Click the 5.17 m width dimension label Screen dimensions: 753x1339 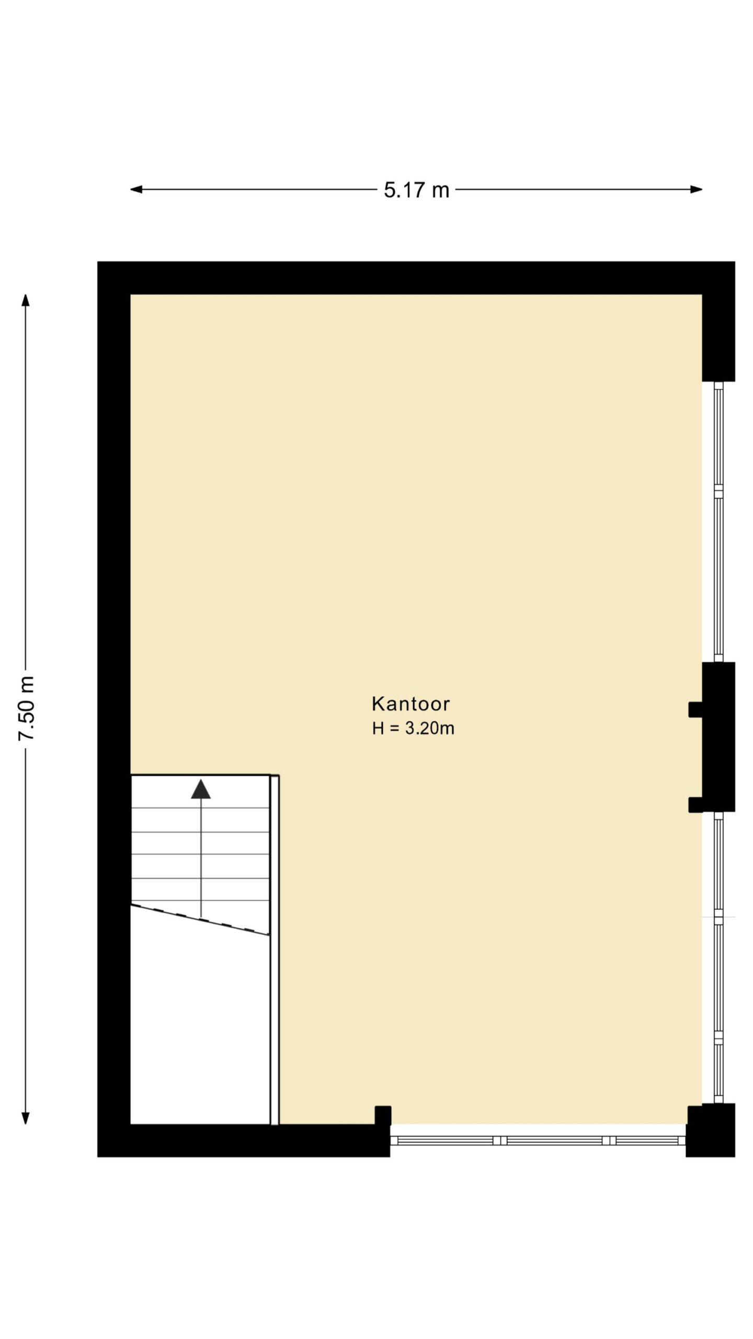click(416, 190)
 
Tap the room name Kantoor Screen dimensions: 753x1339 click(410, 704)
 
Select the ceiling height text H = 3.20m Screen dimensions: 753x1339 click(413, 728)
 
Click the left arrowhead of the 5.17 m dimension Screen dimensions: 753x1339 click(136, 189)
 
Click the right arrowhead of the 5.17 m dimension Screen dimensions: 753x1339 click(696, 189)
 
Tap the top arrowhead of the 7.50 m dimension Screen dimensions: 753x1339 click(25, 300)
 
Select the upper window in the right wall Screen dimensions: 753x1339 click(718, 521)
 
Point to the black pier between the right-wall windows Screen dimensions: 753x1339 click(718, 737)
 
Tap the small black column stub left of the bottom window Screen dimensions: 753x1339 click(383, 1115)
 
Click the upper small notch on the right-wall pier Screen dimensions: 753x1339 click(695, 709)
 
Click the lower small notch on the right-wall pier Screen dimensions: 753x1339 click(695, 804)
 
